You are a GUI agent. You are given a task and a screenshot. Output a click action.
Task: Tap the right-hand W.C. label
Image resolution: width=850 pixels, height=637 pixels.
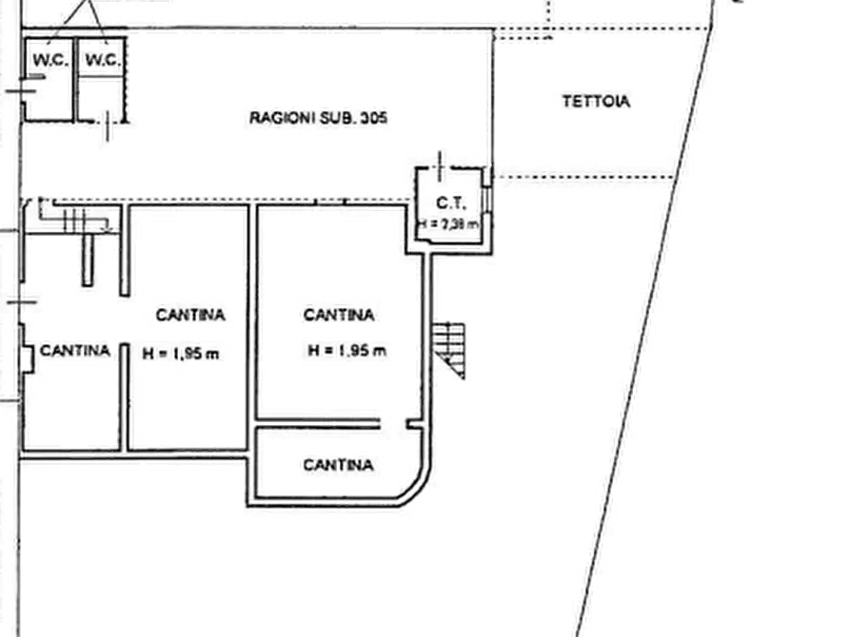(100, 59)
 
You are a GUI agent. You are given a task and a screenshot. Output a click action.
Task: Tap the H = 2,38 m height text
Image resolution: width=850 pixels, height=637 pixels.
(447, 223)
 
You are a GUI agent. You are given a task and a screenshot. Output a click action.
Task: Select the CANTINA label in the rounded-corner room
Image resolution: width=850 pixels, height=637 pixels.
(338, 465)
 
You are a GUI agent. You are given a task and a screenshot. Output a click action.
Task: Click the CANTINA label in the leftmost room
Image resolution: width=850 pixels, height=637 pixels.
(74, 350)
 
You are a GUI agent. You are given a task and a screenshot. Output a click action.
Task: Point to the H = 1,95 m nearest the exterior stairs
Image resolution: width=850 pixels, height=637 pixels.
(348, 351)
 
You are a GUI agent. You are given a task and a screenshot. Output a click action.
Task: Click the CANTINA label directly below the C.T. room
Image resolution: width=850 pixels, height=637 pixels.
(338, 315)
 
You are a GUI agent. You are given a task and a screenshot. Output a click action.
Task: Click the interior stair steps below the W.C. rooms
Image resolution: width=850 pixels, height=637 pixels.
(76, 222)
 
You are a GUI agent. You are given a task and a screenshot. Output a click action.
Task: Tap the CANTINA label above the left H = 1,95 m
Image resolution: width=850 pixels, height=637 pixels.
(190, 315)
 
